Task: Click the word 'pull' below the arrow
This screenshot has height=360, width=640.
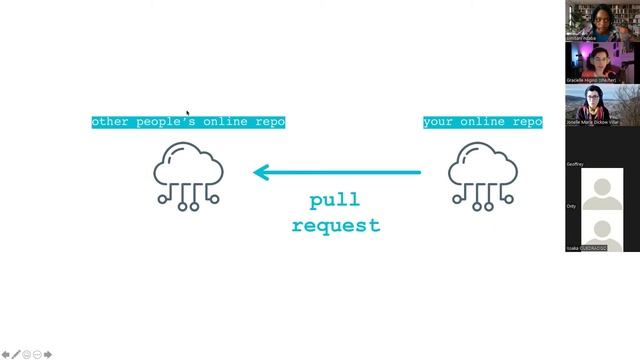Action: (x=334, y=201)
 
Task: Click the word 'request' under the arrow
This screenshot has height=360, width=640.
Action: (x=336, y=226)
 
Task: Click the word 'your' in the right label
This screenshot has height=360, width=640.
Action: (x=439, y=122)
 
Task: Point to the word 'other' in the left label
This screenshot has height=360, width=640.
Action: (x=110, y=122)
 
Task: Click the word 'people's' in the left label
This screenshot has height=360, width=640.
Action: (x=168, y=122)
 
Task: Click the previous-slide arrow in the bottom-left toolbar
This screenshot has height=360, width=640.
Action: (x=6, y=354)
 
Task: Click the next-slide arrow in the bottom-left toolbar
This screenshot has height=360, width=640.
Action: (x=48, y=354)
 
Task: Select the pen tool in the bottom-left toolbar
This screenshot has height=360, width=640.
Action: (x=16, y=354)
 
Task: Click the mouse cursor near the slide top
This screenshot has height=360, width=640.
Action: (x=188, y=114)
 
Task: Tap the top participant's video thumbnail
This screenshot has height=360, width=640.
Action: (x=603, y=21)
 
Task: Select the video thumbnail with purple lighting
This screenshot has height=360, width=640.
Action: (x=603, y=62)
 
